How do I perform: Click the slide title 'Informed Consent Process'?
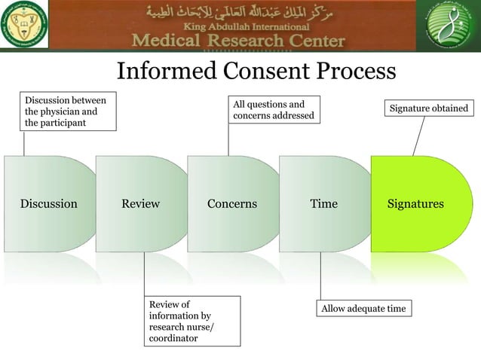click(256, 71)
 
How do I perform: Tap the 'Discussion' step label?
click(48, 204)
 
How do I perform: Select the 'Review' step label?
click(140, 204)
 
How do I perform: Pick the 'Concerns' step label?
click(232, 204)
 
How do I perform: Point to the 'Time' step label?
click(324, 204)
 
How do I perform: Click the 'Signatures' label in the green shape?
click(415, 204)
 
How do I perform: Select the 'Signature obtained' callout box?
click(428, 109)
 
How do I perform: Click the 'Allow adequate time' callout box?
click(363, 309)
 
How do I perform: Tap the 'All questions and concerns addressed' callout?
click(273, 109)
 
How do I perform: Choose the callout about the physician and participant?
click(68, 111)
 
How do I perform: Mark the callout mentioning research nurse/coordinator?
click(192, 322)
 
